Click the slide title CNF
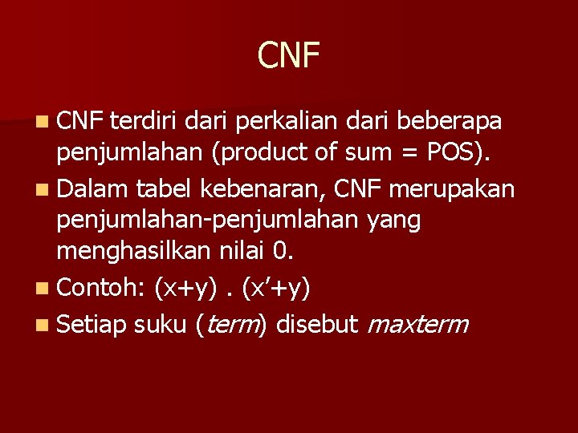(x=289, y=55)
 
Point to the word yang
(x=393, y=220)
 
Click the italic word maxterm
(x=418, y=325)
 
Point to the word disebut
(x=318, y=325)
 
